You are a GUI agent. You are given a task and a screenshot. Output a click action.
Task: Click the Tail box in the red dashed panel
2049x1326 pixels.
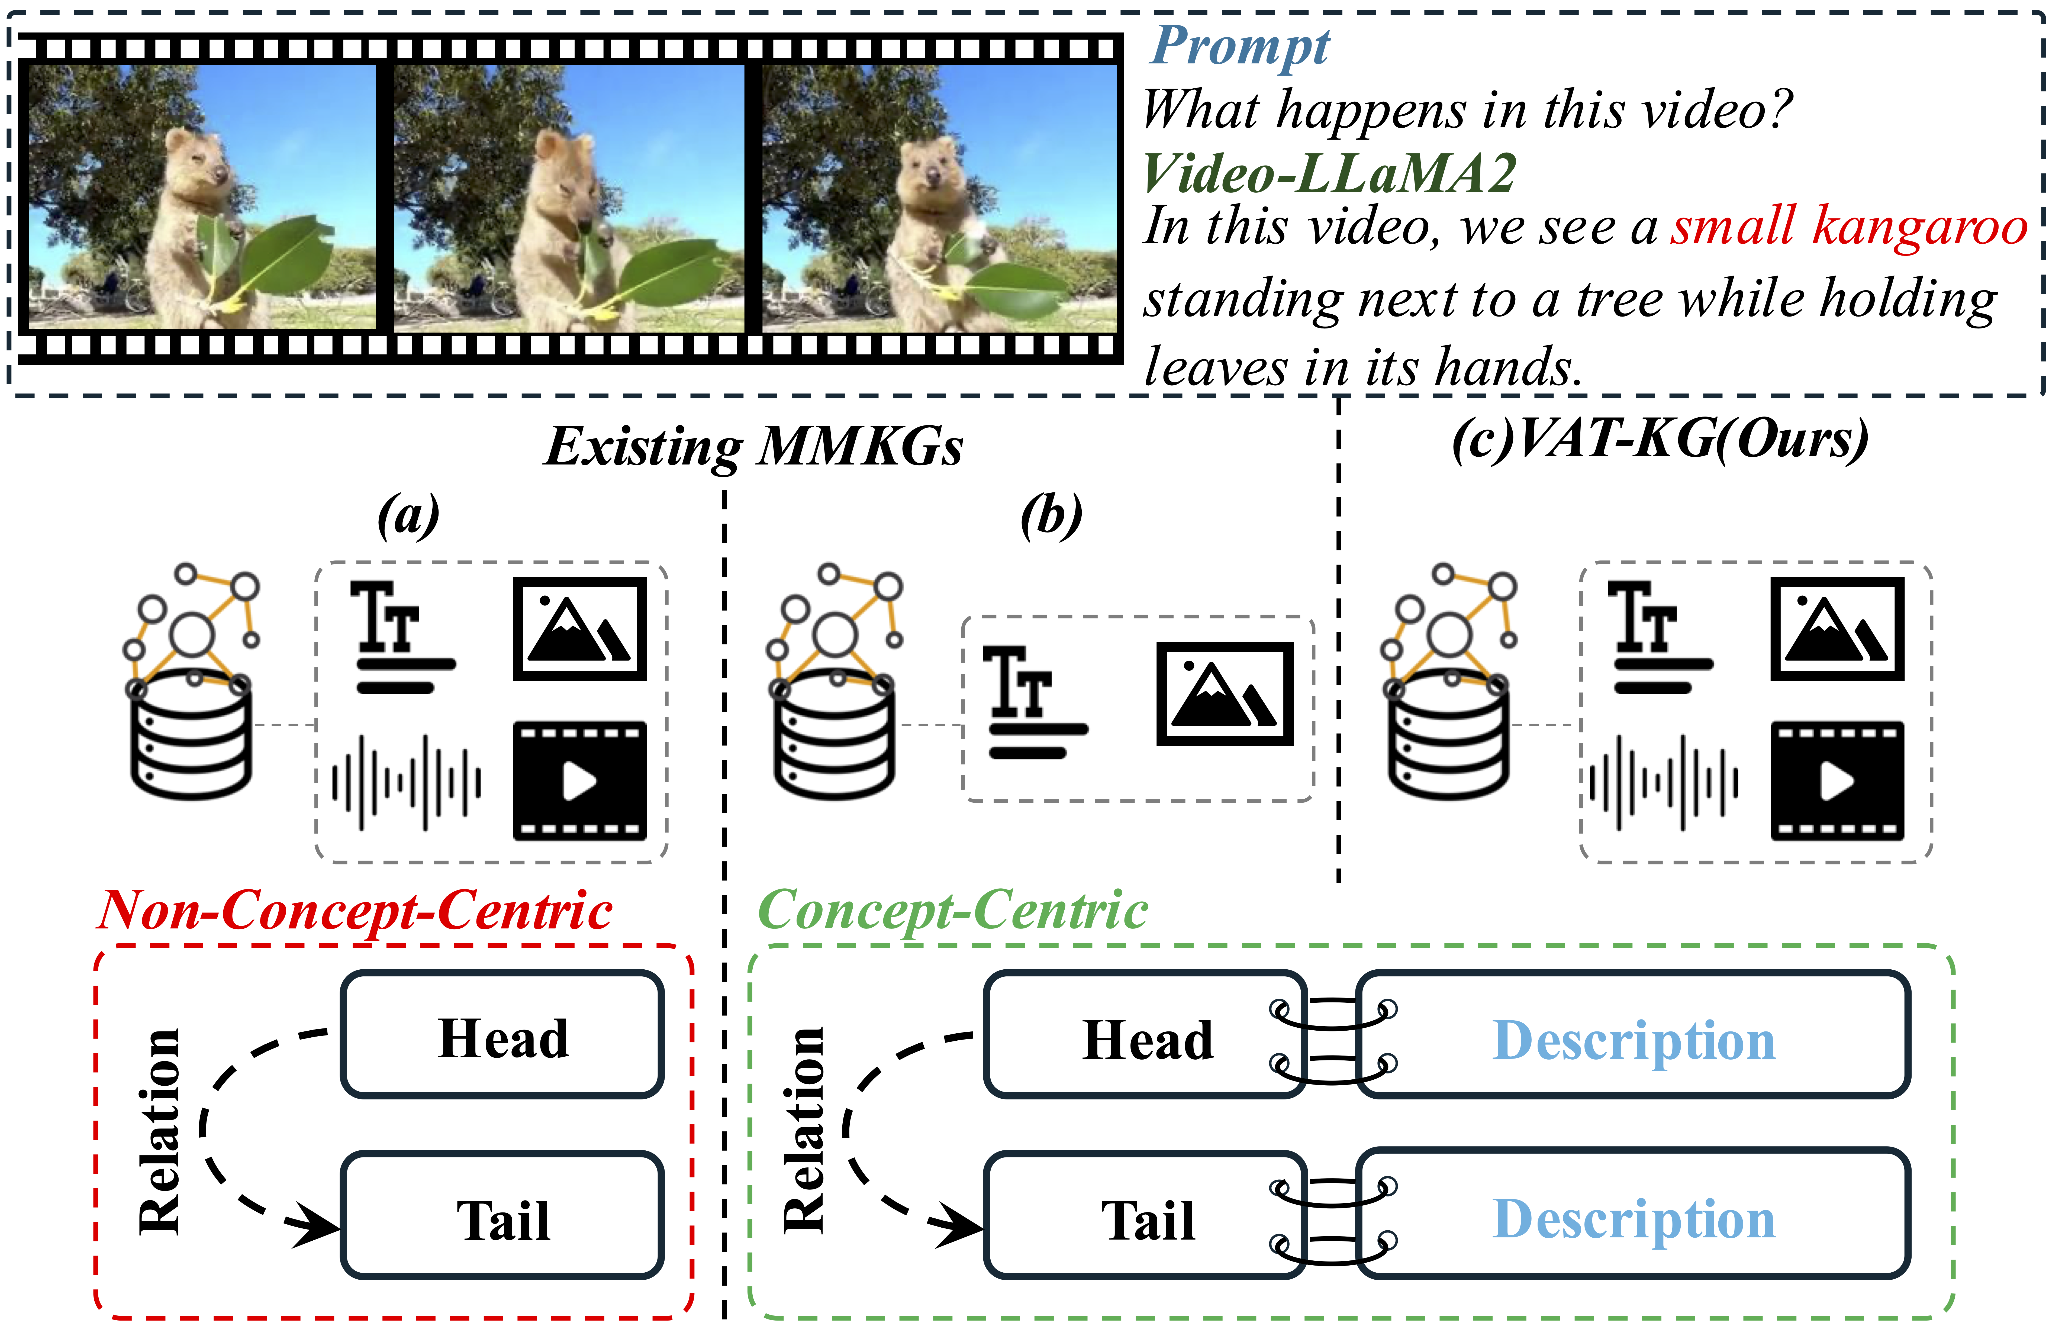click(x=503, y=1216)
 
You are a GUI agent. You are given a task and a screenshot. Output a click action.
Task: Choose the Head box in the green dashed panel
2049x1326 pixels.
click(x=1145, y=1036)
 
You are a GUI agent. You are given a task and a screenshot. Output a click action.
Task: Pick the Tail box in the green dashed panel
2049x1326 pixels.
click(x=1145, y=1216)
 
